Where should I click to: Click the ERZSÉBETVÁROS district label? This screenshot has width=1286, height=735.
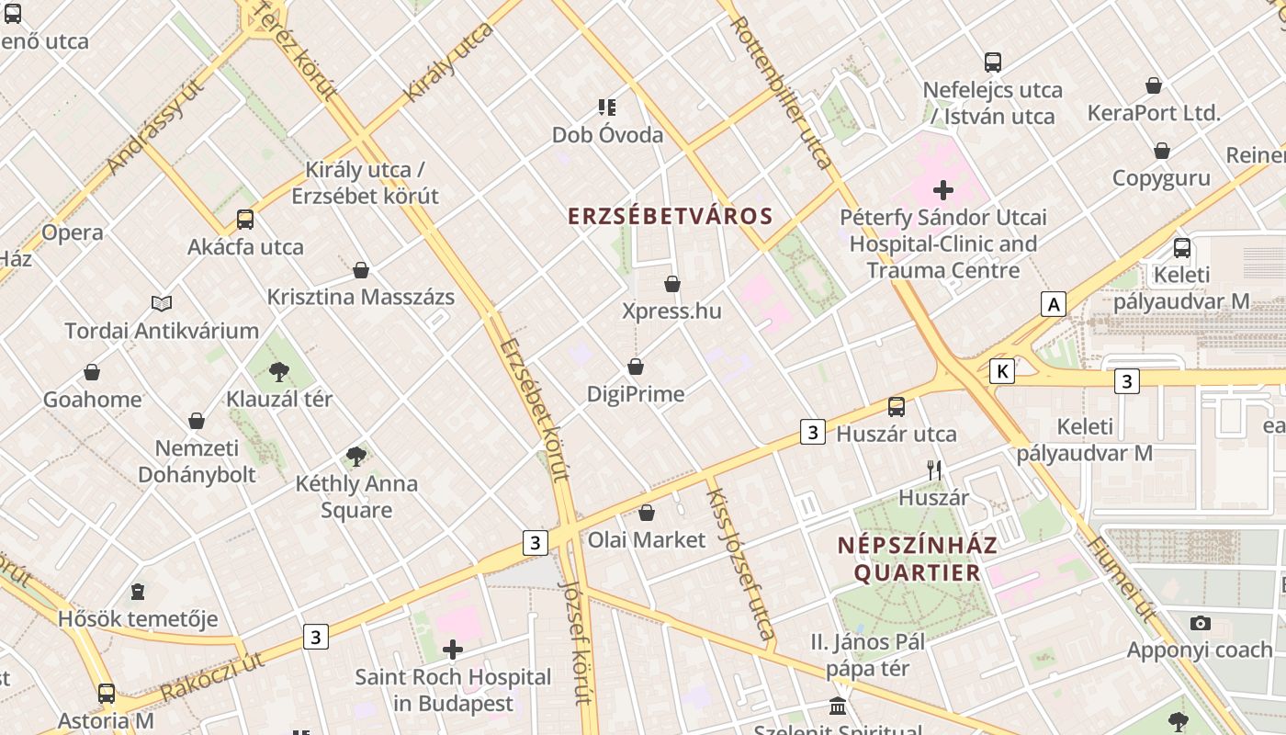pyautogui.click(x=670, y=216)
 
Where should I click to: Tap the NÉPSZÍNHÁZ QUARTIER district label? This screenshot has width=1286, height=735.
pyautogui.click(x=917, y=559)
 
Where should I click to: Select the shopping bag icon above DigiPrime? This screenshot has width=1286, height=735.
pyautogui.click(x=636, y=367)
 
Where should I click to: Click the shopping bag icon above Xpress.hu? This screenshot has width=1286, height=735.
pyautogui.click(x=672, y=284)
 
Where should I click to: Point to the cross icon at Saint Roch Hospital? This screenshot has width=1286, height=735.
pyautogui.click(x=453, y=650)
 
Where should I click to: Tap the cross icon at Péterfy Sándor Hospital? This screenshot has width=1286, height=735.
pyautogui.click(x=943, y=190)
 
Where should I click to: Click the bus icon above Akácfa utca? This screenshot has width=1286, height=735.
pyautogui.click(x=245, y=220)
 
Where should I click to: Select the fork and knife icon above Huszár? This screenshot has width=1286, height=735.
pyautogui.click(x=934, y=470)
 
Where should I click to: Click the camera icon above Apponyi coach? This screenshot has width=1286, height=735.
pyautogui.click(x=1200, y=624)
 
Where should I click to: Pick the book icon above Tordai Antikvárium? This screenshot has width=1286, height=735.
pyautogui.click(x=162, y=303)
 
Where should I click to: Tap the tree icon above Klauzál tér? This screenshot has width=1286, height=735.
pyautogui.click(x=279, y=372)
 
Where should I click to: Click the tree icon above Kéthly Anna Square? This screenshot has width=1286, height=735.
pyautogui.click(x=356, y=457)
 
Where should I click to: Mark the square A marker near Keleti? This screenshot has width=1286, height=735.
pyautogui.click(x=1054, y=304)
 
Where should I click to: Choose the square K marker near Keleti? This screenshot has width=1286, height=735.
pyautogui.click(x=1002, y=371)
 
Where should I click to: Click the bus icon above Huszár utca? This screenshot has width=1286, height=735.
pyautogui.click(x=897, y=406)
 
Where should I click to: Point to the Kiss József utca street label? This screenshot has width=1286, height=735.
pyautogui.click(x=740, y=563)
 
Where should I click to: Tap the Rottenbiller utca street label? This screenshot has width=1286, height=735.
pyautogui.click(x=783, y=91)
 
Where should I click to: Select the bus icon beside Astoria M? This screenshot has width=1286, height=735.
pyautogui.click(x=107, y=694)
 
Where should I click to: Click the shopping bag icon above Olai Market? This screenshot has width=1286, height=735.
pyautogui.click(x=647, y=513)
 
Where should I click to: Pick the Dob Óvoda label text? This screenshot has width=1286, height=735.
pyautogui.click(x=607, y=135)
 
